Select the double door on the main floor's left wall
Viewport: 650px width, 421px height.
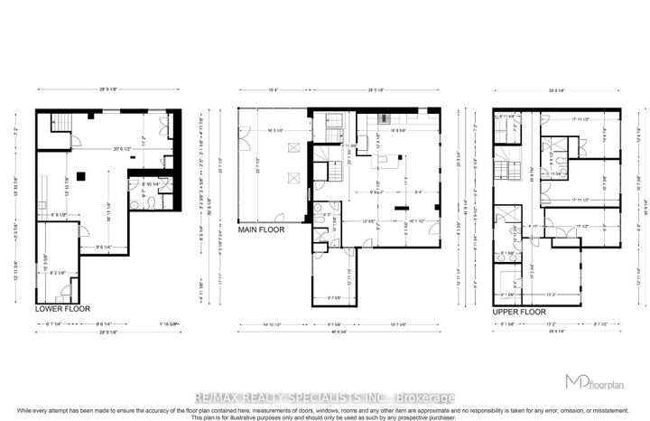[x=241, y=145]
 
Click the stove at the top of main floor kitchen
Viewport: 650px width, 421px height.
[x=378, y=119]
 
